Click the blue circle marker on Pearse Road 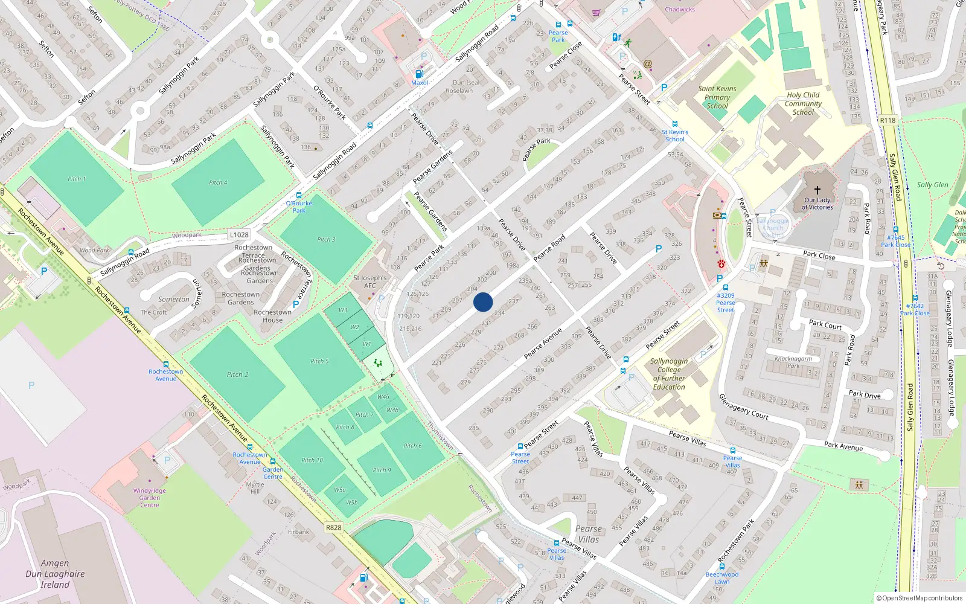(483, 302)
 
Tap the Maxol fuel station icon (420, 74)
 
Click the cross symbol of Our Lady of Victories (817, 190)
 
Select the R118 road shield (888, 120)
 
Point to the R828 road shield (334, 527)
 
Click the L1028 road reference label (239, 234)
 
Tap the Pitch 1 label (77, 179)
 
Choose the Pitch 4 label (218, 182)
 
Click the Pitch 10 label (312, 460)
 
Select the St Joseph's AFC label (370, 282)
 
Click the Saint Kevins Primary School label (717, 97)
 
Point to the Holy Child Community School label (803, 103)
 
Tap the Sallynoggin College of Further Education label (669, 374)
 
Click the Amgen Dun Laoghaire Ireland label (55, 574)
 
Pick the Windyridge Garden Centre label (150, 498)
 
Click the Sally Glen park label (932, 185)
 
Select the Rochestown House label (272, 316)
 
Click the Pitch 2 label (237, 374)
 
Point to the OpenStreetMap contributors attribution (919, 598)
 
